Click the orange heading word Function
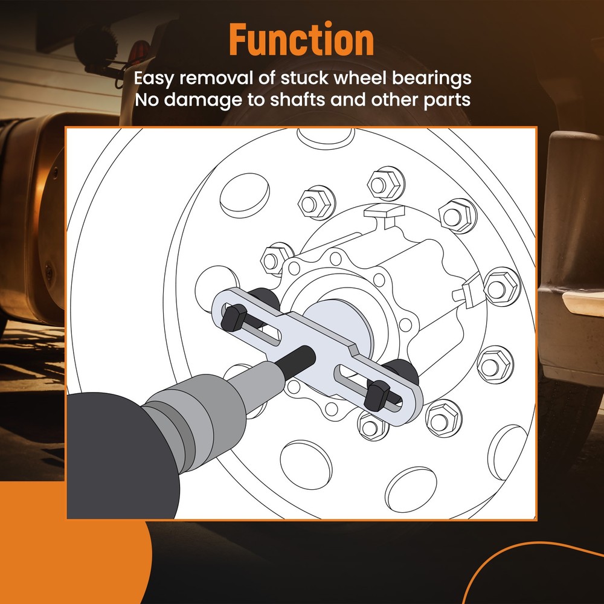tap(301, 40)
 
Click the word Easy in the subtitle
tap(155, 79)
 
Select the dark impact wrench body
tap(103, 459)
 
